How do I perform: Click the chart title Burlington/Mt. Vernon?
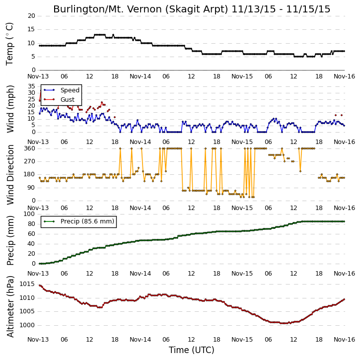[141, 9]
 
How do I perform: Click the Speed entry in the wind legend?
[70, 90]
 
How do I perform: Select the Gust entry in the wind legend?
[67, 100]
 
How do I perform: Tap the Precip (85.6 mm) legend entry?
[87, 221]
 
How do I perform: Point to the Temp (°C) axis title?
[9, 44]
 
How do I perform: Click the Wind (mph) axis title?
[10, 109]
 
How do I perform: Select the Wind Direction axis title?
[10, 175]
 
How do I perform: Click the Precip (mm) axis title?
[10, 240]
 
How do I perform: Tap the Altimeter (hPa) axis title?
[10, 307]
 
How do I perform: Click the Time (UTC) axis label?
[192, 350]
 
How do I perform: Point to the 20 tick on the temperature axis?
[31, 16]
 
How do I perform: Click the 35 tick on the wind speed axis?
[31, 86]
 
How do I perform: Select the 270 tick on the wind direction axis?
[30, 161]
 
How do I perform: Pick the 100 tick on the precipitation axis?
[30, 214]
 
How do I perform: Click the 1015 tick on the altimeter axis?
[27, 284]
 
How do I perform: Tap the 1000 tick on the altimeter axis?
[27, 325]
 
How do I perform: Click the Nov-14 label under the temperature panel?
[141, 76]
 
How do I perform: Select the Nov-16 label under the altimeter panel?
[344, 340]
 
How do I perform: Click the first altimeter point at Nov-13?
[40, 286]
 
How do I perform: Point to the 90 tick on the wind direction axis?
[32, 188]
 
